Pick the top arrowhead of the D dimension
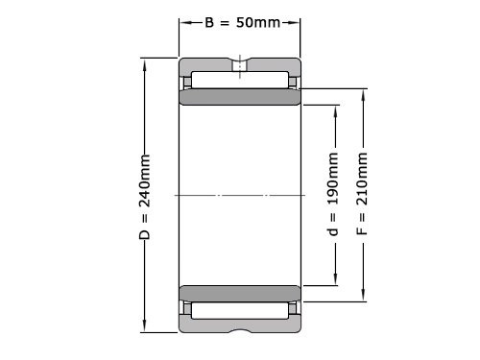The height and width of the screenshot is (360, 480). [x=145, y=62]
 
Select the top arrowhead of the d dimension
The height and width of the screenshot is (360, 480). [x=334, y=108]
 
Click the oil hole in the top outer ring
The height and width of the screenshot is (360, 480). [x=240, y=67]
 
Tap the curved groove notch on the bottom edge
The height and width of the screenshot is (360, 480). [x=240, y=330]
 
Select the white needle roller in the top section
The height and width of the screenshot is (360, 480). [x=240, y=80]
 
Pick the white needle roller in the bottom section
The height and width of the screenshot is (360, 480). [x=240, y=310]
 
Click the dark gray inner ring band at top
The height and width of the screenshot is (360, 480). [x=240, y=98]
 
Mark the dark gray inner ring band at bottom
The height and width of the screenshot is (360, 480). [x=240, y=292]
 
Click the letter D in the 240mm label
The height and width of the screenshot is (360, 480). [x=145, y=233]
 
